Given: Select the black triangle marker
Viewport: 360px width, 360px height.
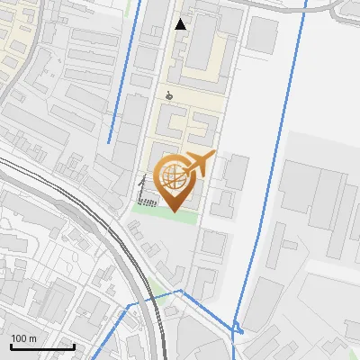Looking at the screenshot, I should (181, 24).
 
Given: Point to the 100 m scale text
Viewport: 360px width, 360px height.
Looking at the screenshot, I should (23, 337).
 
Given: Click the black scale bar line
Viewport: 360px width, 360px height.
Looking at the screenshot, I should (42, 346).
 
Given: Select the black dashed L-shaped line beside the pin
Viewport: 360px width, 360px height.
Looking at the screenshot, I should (141, 193).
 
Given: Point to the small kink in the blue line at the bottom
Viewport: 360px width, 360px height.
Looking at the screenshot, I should (238, 328).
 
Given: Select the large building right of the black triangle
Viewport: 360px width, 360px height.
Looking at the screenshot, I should (202, 40).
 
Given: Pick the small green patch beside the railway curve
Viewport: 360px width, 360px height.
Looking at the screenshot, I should (160, 295).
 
